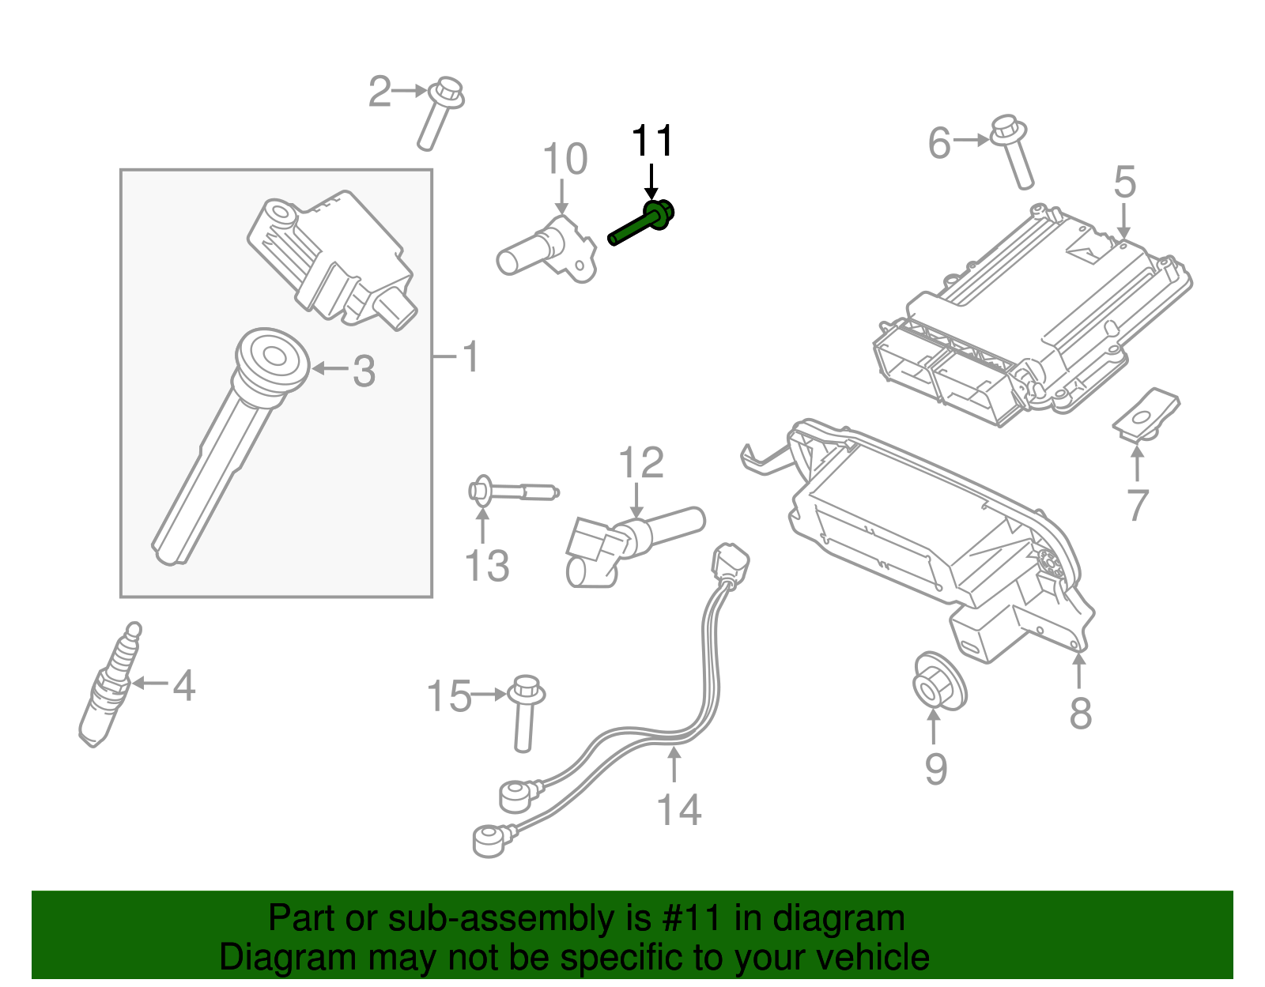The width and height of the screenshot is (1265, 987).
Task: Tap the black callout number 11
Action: point(652,141)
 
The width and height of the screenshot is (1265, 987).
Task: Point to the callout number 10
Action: point(565,159)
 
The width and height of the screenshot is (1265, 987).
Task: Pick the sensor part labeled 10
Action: point(546,248)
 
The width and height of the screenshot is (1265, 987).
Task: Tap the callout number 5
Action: point(1125,183)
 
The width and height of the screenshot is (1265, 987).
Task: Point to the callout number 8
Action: point(1081,713)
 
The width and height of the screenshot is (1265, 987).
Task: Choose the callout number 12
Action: point(640,463)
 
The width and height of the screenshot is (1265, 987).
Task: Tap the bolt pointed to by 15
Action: point(525,711)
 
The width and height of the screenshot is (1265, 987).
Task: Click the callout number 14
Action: point(679,810)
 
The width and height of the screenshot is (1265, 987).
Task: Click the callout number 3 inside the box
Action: point(363,371)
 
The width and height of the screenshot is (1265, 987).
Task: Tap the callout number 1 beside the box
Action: point(470,357)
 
